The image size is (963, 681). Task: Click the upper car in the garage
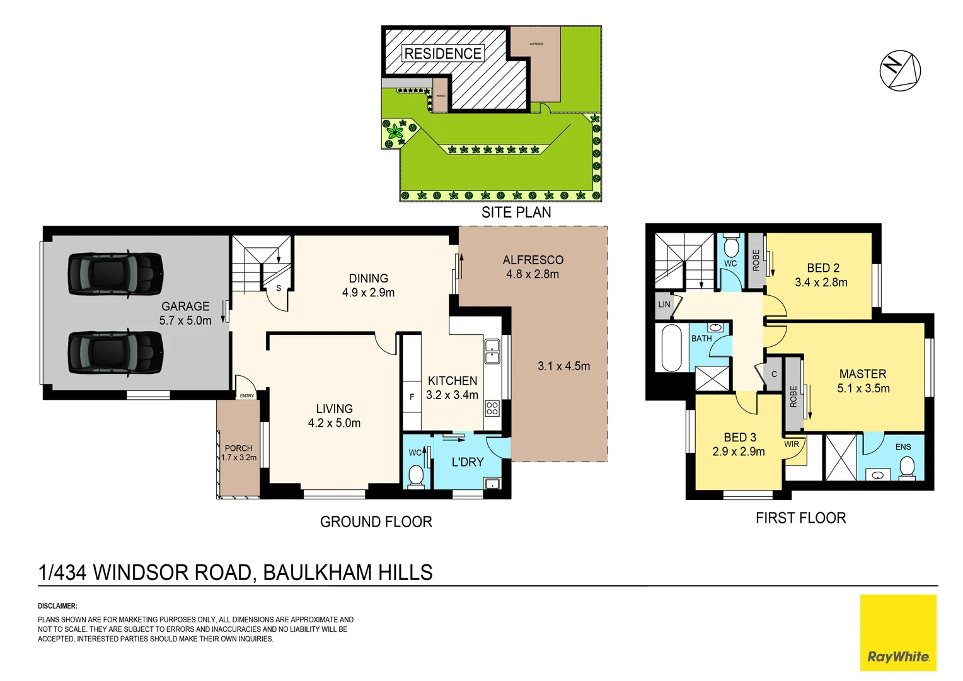click(x=115, y=274)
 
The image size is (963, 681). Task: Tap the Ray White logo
click(x=898, y=632)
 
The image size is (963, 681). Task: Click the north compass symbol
click(x=900, y=70)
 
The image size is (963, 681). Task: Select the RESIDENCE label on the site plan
click(x=442, y=54)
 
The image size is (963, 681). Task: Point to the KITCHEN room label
click(x=452, y=381)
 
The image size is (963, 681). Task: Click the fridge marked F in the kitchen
click(x=412, y=397)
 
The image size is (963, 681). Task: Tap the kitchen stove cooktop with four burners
click(x=492, y=408)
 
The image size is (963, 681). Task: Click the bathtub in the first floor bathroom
click(x=671, y=347)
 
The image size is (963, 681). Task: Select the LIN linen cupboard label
click(x=664, y=304)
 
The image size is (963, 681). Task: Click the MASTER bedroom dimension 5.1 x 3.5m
click(x=863, y=388)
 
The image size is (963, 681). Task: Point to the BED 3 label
click(x=739, y=437)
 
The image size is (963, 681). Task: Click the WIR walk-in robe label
click(x=792, y=444)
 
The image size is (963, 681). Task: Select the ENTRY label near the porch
click(x=247, y=396)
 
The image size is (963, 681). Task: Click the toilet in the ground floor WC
click(x=415, y=476)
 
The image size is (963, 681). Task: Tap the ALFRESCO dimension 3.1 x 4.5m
click(x=563, y=366)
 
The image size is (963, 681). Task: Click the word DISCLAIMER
click(x=57, y=606)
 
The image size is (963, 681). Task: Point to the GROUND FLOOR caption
click(x=376, y=521)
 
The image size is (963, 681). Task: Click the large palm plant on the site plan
click(x=395, y=132)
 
